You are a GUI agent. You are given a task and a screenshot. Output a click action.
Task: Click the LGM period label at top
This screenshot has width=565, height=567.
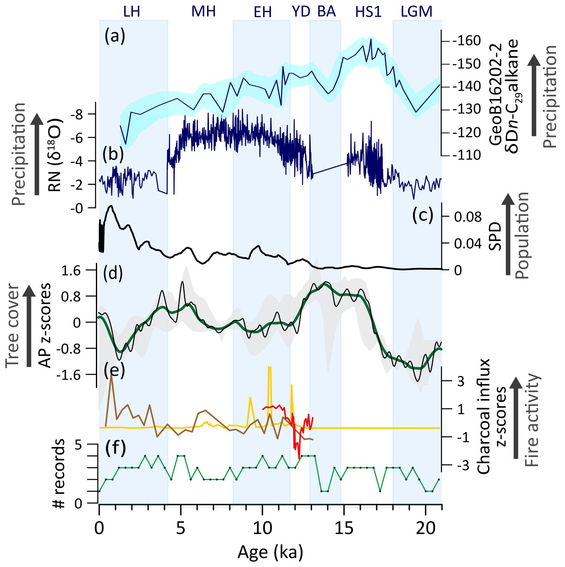417,12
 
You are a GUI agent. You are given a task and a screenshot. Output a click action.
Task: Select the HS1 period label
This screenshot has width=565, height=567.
368,12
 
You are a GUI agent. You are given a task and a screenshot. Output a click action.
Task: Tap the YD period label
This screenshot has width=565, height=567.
301,12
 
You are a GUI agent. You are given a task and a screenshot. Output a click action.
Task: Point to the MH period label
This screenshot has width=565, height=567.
203,12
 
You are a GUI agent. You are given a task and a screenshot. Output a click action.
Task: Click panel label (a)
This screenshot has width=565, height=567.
114,36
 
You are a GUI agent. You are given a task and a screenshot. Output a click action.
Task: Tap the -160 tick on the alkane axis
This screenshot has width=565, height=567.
466,41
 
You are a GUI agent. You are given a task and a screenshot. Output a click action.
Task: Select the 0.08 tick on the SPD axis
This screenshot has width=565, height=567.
468,216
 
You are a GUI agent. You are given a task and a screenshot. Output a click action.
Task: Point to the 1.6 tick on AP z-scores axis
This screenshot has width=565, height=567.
71,271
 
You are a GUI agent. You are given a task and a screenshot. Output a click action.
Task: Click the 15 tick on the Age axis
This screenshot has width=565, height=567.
343,528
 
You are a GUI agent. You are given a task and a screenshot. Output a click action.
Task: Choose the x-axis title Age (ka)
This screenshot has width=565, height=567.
270,552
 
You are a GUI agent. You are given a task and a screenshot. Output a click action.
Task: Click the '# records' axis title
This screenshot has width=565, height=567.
59,474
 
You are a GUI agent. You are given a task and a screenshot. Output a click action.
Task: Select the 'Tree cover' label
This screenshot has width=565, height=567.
13,325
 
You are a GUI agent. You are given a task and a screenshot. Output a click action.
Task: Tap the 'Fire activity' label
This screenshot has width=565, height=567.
532,420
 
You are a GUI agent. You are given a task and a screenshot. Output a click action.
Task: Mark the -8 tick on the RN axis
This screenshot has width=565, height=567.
77,115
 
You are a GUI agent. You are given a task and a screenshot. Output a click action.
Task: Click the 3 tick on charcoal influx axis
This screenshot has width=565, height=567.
460,381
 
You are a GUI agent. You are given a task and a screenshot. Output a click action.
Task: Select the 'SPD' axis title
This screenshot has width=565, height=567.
495,236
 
